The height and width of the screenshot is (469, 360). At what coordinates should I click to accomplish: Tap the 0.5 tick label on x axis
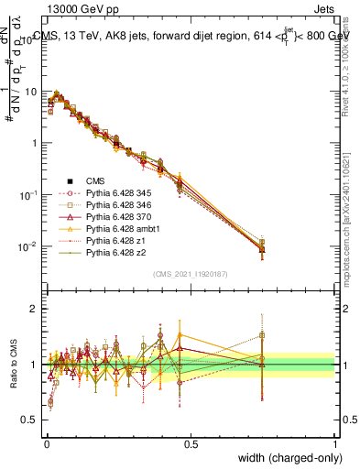point(191,443)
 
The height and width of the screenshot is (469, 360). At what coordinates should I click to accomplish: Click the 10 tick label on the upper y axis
point(28,92)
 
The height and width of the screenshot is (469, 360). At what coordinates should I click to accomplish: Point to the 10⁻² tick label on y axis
point(27,247)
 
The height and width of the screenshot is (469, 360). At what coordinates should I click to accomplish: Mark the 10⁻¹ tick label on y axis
point(27,195)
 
